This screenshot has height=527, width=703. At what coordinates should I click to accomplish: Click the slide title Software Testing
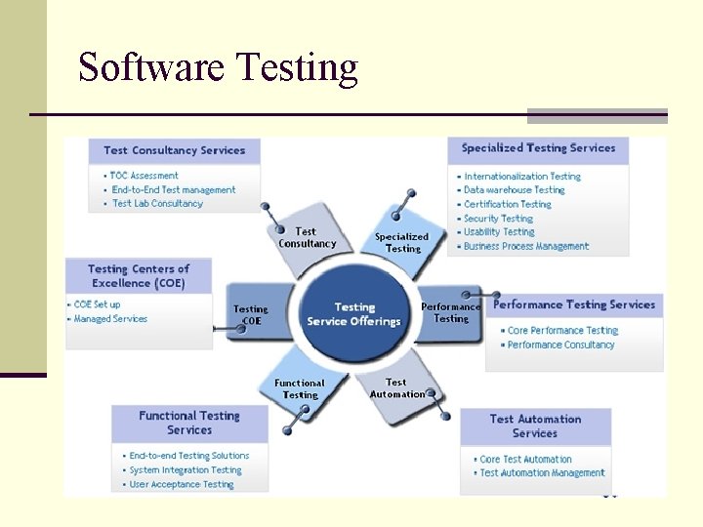(218, 67)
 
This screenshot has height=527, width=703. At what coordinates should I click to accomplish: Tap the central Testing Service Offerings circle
(353, 314)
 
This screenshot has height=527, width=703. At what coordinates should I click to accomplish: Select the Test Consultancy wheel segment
(307, 238)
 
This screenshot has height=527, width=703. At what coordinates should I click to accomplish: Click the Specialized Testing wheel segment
(401, 242)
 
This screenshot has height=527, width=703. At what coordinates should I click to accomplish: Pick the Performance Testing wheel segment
(450, 312)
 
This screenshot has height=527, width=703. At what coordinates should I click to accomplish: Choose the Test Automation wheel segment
(397, 388)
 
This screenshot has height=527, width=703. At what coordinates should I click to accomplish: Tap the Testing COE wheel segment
(251, 314)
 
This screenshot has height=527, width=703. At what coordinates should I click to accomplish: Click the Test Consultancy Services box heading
(175, 150)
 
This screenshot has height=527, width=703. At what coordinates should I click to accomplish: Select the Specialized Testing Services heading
(538, 148)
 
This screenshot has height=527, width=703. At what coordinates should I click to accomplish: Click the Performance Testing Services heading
(574, 304)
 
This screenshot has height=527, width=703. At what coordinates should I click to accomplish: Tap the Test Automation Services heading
(535, 426)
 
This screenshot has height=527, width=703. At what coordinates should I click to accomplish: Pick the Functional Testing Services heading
(189, 423)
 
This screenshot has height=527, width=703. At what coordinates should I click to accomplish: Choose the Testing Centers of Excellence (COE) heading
(138, 275)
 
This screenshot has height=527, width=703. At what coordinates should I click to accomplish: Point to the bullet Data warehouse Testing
(514, 190)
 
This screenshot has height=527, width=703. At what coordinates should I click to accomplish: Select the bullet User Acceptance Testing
(182, 484)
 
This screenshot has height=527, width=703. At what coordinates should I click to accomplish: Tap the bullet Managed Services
(110, 319)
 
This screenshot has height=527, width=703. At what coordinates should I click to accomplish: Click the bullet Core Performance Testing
(562, 331)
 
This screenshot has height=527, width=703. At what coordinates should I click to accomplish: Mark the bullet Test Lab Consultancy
(157, 203)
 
